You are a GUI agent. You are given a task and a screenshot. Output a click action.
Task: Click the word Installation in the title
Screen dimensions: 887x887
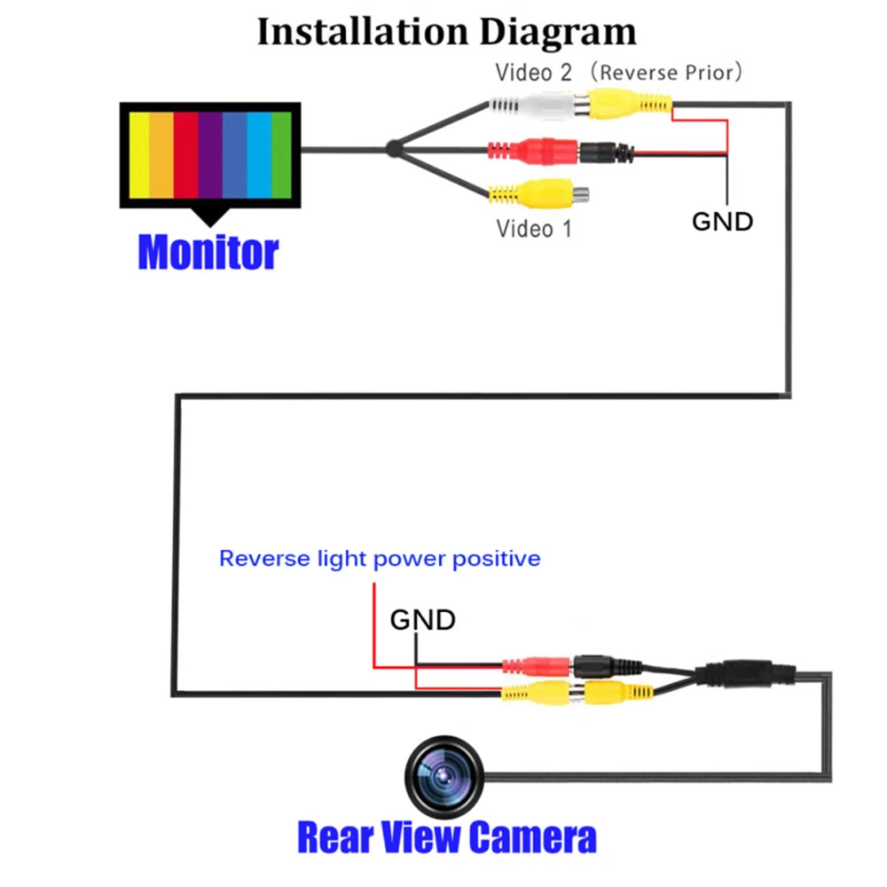363,31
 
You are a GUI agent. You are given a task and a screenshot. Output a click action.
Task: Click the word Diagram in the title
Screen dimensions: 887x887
558,33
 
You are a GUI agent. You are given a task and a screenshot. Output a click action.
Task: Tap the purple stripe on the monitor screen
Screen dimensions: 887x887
210,155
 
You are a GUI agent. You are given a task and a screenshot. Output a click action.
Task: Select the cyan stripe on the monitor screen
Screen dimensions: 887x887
259,155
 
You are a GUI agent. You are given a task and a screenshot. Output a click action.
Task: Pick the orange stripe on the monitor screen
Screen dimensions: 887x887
161,155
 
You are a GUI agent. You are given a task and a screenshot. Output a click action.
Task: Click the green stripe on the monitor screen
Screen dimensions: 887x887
281,155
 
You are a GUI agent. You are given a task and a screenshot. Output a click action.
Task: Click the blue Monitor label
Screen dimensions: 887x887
208,252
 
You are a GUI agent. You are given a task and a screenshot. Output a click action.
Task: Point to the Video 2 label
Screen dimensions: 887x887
533,73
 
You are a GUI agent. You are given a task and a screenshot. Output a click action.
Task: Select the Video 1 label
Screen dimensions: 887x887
533,229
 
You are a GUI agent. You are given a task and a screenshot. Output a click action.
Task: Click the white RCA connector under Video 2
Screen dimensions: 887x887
538,106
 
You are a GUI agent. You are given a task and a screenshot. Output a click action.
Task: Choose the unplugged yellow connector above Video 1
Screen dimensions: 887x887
538,194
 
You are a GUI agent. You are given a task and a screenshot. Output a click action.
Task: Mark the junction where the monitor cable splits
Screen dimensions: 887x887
393,149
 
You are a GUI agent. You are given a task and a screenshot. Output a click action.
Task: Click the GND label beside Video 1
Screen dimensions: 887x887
722,222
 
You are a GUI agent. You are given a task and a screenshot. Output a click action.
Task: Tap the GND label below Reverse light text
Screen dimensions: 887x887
422,619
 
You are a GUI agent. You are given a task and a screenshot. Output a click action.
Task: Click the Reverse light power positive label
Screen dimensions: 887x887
380,559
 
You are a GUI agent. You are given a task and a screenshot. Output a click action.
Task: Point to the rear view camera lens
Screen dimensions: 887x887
444,777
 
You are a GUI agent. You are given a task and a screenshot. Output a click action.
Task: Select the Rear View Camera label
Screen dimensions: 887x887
447,837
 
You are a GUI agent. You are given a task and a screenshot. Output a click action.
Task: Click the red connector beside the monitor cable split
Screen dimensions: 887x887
533,151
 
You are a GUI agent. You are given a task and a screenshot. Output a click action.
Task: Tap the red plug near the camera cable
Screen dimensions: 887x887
537,666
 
